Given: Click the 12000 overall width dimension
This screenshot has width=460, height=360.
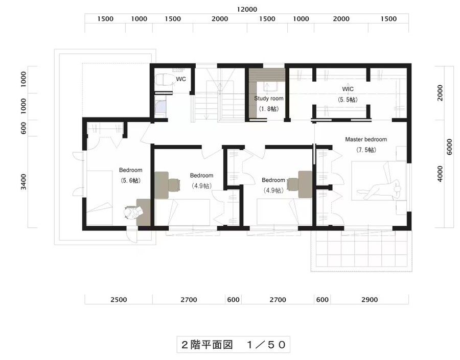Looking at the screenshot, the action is (x=247, y=9).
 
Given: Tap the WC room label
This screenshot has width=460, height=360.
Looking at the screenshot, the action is (x=180, y=79).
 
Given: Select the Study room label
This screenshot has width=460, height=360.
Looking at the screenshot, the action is (x=269, y=98).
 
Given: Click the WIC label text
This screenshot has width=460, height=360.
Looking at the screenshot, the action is (x=348, y=89).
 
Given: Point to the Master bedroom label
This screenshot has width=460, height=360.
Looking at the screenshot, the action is (x=365, y=139).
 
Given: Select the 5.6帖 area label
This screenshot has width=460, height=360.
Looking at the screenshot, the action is (x=131, y=180).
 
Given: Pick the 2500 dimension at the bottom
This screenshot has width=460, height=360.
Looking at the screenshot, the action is (x=118, y=300).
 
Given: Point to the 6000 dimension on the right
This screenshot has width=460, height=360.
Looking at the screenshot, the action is (x=449, y=147).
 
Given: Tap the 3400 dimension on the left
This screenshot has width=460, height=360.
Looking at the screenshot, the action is (x=24, y=182).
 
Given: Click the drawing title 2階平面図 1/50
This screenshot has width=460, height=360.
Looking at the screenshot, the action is (x=233, y=345).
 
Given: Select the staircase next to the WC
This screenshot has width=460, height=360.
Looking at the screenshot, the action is (x=218, y=97).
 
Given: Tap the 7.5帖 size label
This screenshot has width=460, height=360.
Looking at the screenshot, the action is (x=365, y=150).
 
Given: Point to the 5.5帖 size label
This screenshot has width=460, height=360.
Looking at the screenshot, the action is (x=348, y=100).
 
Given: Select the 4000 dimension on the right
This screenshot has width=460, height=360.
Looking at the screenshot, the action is (x=440, y=174).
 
